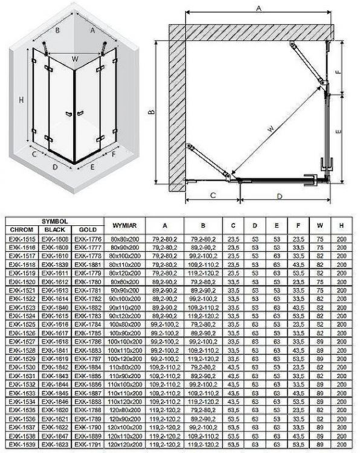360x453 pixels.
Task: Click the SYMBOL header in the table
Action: pyautogui.click(x=54, y=221)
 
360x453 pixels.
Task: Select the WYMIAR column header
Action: pyautogui.click(x=125, y=225)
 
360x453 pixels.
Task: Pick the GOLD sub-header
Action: pyautogui.click(x=86, y=230)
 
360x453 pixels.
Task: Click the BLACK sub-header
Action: pyautogui.click(x=54, y=230)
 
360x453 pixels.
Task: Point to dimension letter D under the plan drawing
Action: pyautogui.click(x=279, y=196)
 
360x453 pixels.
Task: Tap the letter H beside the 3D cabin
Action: pyautogui.click(x=21, y=100)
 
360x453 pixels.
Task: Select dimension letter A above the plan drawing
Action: pyautogui.click(x=258, y=8)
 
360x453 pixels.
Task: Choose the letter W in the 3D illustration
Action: pyautogui.click(x=74, y=59)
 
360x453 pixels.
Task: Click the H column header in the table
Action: pyautogui.click(x=341, y=225)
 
